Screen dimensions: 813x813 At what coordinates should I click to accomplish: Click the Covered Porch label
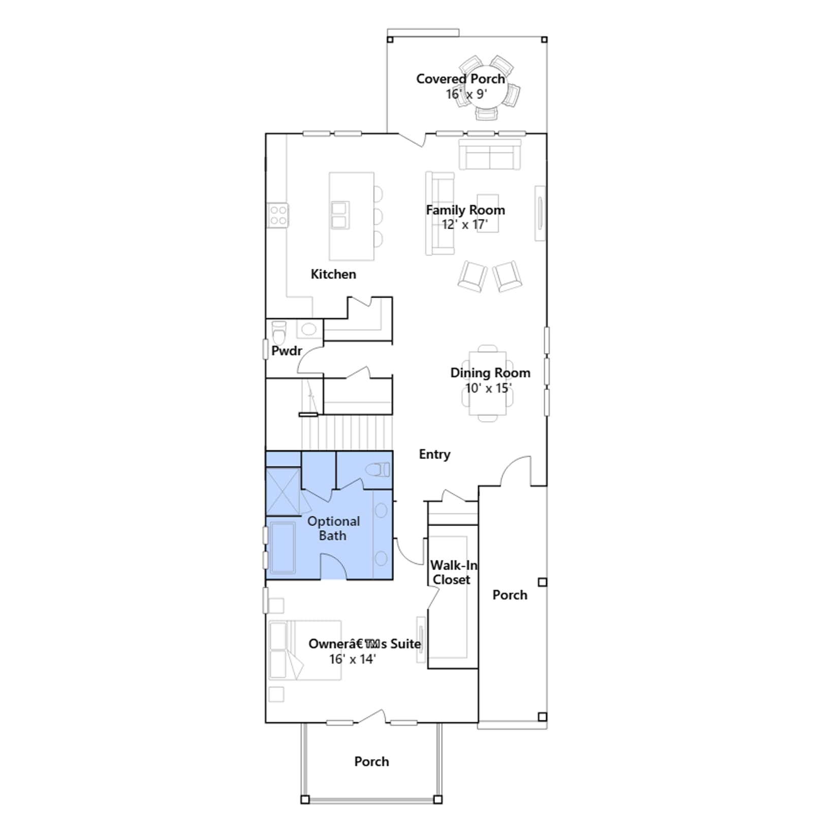pos(460,79)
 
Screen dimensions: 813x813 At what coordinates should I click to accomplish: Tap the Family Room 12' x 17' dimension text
pos(464,225)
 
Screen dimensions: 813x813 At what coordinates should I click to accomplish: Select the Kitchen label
pos(333,274)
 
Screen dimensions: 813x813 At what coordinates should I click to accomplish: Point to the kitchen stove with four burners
pos(278,215)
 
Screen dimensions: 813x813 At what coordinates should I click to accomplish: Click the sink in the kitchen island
pos(339,215)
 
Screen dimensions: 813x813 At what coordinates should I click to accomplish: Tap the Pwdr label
pos(287,351)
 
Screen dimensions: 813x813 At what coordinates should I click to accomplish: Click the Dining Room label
pos(490,373)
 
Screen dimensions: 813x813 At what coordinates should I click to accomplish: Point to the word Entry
pos(434,454)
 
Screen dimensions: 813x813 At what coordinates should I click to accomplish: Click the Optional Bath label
pos(333,528)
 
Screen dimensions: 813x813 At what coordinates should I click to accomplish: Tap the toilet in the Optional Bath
pos(378,470)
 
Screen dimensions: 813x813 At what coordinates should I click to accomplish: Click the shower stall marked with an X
pos(283,491)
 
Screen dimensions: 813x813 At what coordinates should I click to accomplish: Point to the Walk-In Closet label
pos(453,573)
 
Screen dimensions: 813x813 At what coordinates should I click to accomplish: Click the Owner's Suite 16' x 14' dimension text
pos(352,659)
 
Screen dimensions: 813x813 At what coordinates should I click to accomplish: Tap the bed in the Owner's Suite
pos(305,650)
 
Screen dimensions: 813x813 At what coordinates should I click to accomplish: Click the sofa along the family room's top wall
pos(490,154)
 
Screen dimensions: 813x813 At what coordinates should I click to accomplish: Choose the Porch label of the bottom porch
pos(371,762)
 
